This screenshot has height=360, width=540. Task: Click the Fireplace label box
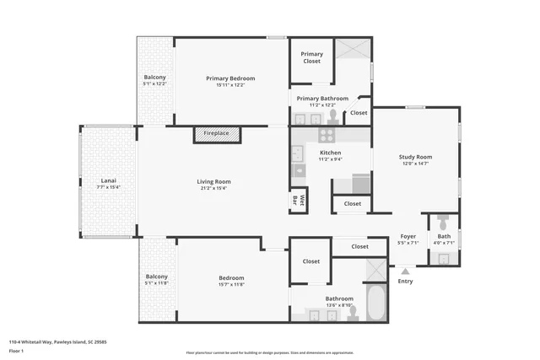217,134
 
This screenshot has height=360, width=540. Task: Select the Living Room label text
213,181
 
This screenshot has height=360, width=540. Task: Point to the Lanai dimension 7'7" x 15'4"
108,187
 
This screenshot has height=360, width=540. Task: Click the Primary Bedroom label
230,78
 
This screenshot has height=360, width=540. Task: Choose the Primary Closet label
312,57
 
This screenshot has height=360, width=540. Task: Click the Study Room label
415,157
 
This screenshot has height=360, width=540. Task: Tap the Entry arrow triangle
406,271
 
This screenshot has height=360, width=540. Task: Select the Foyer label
408,237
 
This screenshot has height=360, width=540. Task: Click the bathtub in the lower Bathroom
375,304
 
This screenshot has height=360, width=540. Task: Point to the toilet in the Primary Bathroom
333,116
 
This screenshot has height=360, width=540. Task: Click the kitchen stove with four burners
326,134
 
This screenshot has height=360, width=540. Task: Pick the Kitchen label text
330,153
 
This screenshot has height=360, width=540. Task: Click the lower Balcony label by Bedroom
157,277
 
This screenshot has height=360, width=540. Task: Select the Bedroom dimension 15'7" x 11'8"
231,284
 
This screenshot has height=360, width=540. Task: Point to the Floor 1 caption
16,351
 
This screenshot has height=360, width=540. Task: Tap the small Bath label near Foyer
443,237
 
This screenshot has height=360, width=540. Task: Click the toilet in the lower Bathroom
351,312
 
